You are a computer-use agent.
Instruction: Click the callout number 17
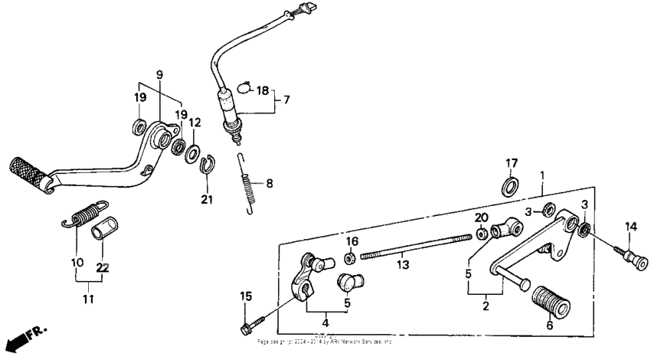coord(511,162)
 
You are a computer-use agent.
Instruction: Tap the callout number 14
coord(630,226)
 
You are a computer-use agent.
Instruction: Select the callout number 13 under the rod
coord(403,265)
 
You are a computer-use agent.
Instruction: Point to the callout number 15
coord(246,296)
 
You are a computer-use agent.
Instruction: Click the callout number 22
coord(102,268)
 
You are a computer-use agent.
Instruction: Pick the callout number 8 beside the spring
coord(269,184)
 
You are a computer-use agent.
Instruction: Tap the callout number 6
coord(548,325)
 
